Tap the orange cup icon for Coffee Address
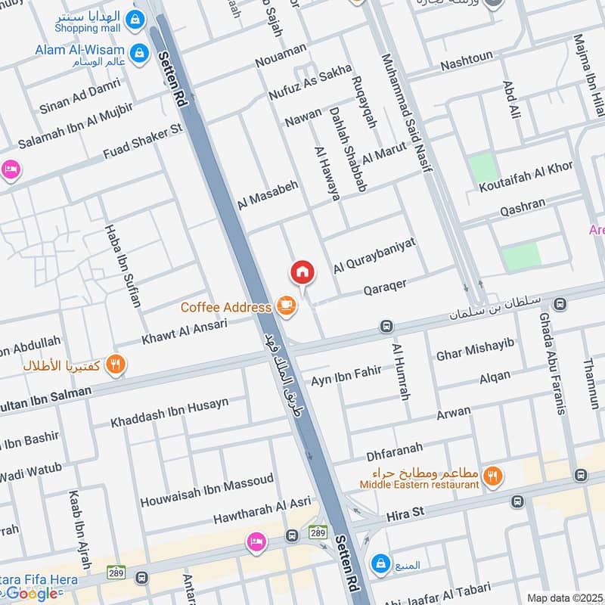286,306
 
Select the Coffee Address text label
225,307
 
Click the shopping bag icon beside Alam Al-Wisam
138,52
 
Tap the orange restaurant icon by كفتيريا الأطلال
115,365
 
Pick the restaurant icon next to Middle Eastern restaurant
493,476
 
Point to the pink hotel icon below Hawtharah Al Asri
256,541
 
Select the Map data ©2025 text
563,597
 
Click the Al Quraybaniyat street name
374,253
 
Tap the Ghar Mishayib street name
475,349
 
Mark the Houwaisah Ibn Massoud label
206,489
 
